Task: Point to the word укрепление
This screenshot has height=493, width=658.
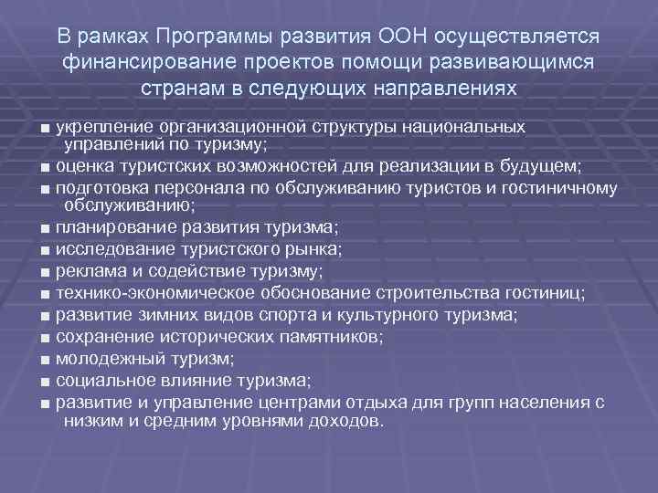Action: point(103,125)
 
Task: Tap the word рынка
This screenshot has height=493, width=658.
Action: point(313,249)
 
